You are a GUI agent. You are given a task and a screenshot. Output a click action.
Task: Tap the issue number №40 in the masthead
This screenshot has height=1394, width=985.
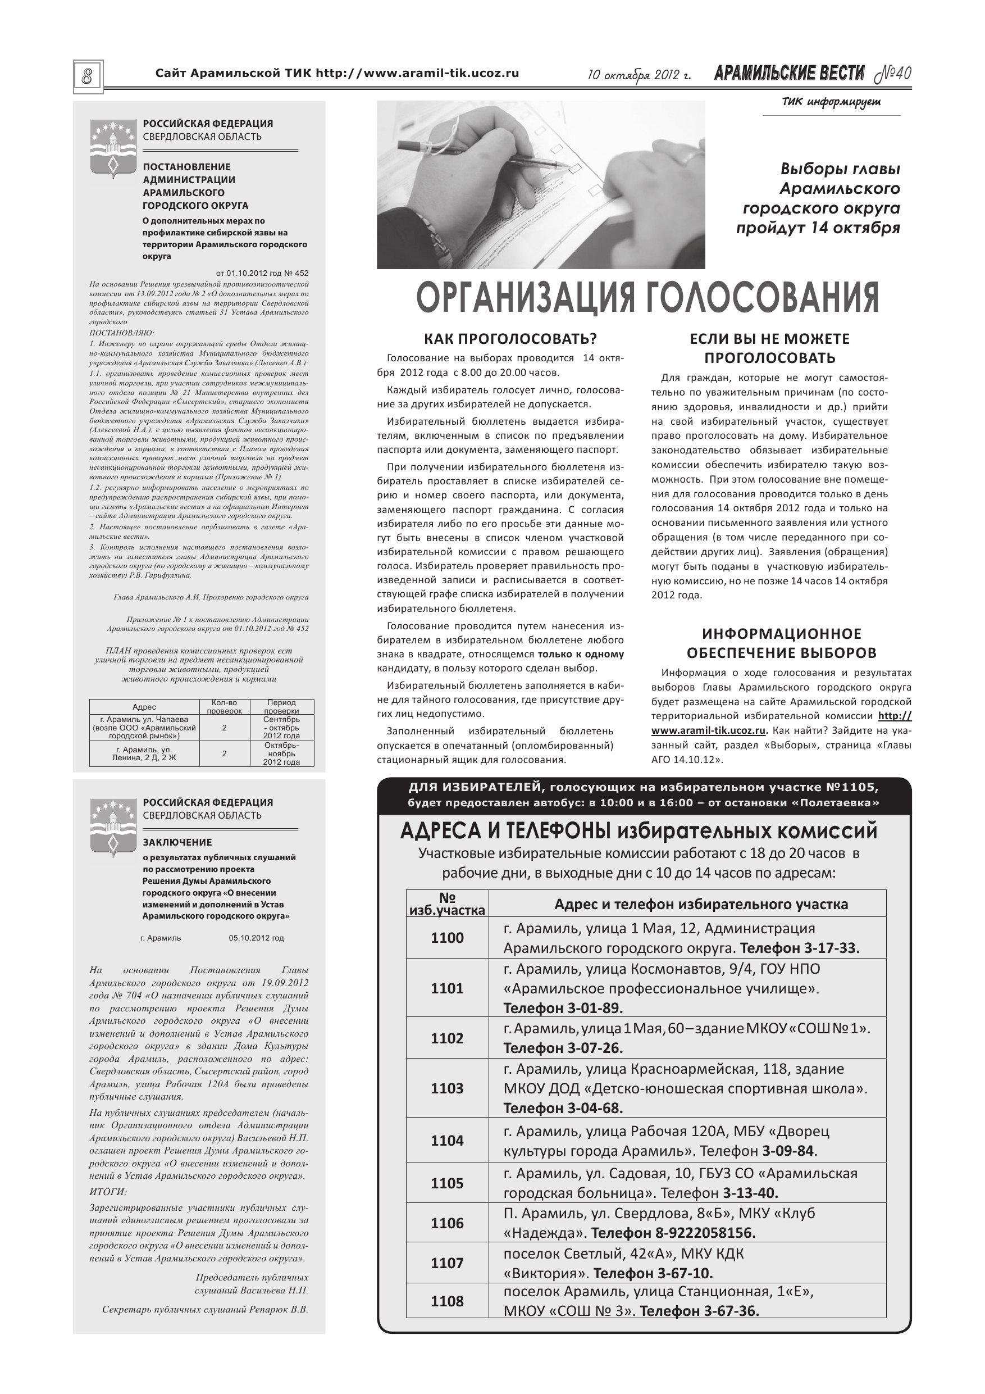[x=893, y=74]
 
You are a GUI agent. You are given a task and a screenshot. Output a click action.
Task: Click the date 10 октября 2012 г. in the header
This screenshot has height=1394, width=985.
[x=640, y=75]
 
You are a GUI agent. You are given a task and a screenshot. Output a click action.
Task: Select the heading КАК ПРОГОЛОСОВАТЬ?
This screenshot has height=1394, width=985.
[x=510, y=339]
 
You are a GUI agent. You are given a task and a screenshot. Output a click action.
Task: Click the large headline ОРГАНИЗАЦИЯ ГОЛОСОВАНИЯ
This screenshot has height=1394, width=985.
[x=647, y=297]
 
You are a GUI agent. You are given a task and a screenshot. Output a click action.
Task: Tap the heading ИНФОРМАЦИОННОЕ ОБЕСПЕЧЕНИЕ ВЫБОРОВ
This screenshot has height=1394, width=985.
[x=782, y=643]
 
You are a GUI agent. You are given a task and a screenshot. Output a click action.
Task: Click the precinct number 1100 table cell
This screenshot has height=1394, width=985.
[x=447, y=938]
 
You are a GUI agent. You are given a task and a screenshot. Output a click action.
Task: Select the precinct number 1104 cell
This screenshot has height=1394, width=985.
[x=447, y=1141]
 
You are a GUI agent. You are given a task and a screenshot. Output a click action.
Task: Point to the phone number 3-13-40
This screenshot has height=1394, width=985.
[x=751, y=1193]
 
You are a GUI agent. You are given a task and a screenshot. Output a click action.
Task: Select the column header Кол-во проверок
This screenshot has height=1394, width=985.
[x=224, y=707]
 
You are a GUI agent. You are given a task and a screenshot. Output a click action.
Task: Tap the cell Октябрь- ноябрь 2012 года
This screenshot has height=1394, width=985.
[x=281, y=753]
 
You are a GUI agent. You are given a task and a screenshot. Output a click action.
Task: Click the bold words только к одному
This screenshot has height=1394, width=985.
[x=581, y=655]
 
